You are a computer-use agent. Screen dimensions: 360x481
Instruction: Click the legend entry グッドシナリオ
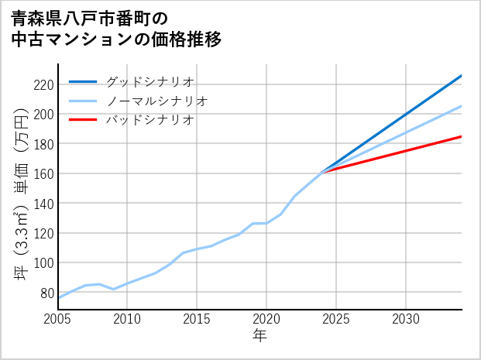(149, 81)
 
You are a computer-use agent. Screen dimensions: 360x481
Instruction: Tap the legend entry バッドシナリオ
(149, 120)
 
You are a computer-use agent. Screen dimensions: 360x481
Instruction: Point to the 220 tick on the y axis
(43, 84)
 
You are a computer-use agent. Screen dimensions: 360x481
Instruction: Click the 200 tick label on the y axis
(43, 114)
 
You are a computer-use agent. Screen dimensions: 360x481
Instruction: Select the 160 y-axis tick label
(43, 173)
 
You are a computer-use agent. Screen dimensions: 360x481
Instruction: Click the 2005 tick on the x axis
(58, 319)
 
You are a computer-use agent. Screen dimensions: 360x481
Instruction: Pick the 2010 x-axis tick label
(128, 319)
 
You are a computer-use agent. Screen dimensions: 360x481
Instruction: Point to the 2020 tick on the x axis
(266, 319)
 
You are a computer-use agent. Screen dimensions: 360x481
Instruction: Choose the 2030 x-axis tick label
(406, 319)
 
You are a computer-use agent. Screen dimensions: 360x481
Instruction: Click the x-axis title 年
(259, 336)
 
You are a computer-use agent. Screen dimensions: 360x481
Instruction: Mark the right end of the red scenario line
(461, 136)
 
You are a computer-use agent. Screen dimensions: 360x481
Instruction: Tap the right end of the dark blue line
(461, 76)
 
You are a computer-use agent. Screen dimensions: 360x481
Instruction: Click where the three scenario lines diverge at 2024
(322, 171)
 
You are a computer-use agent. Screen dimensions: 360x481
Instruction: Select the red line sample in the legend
(83, 120)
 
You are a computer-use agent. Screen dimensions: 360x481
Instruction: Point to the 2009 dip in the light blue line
(114, 289)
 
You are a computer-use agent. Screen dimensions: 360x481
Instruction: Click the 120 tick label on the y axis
(43, 233)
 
